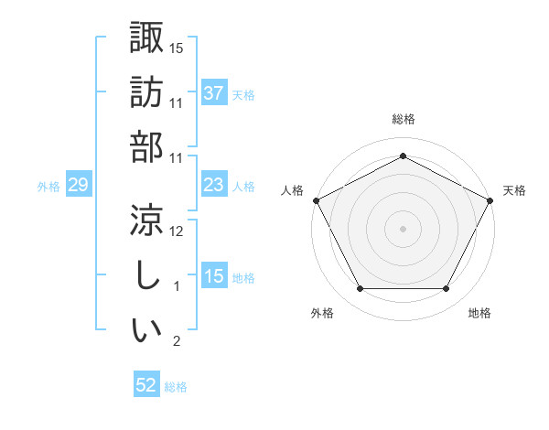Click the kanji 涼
pos(146,220)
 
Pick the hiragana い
pos(146,329)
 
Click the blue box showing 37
pos(214,92)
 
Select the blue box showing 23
pos(214,186)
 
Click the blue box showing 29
pos(78,186)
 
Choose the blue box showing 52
pos(146,386)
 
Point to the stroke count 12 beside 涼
pos(178,231)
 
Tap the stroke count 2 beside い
pos(178,341)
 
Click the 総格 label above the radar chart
pos(403,119)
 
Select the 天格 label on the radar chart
pos(514,190)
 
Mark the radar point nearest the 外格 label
pos(360,289)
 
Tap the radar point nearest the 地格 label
pos(447,289)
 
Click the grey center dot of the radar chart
pos(403,229)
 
